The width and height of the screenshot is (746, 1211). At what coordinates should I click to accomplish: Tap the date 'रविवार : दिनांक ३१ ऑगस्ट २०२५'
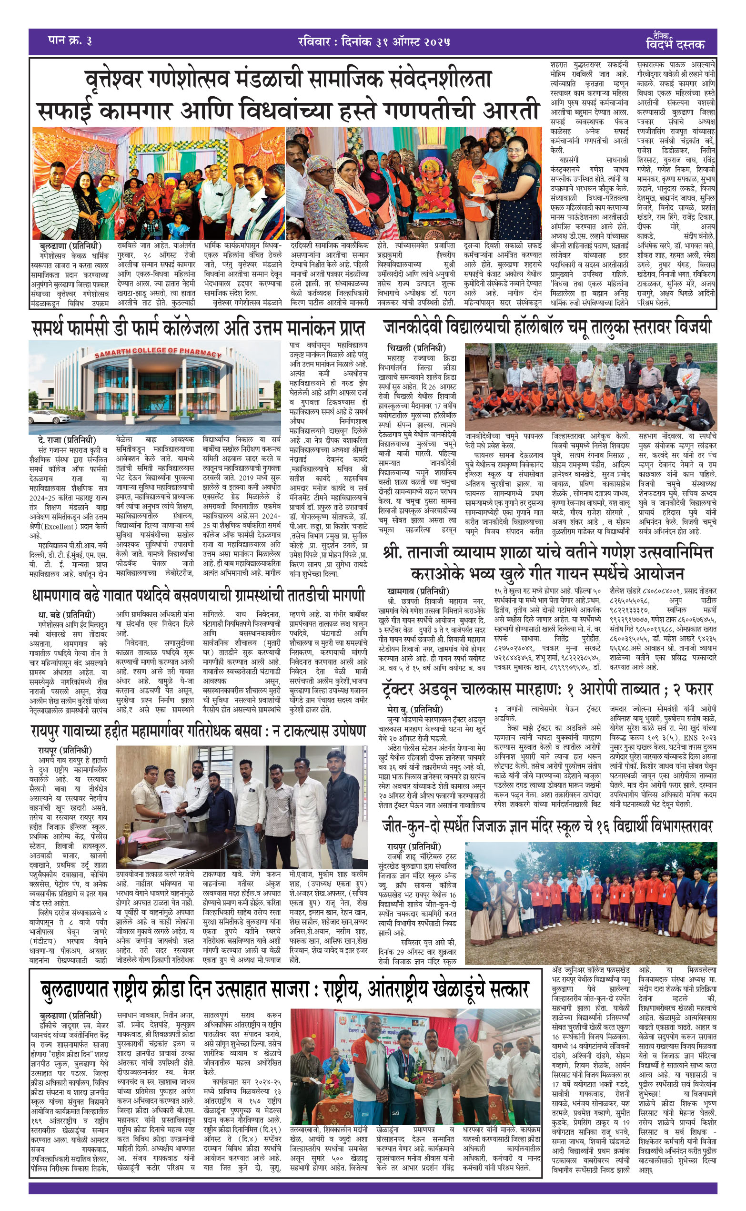(373, 41)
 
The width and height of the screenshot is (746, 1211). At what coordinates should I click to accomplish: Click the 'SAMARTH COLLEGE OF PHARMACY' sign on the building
(158, 353)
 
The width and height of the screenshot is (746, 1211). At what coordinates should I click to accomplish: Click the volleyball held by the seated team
(581, 416)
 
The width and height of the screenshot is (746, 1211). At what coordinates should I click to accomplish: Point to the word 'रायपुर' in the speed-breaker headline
(51, 731)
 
